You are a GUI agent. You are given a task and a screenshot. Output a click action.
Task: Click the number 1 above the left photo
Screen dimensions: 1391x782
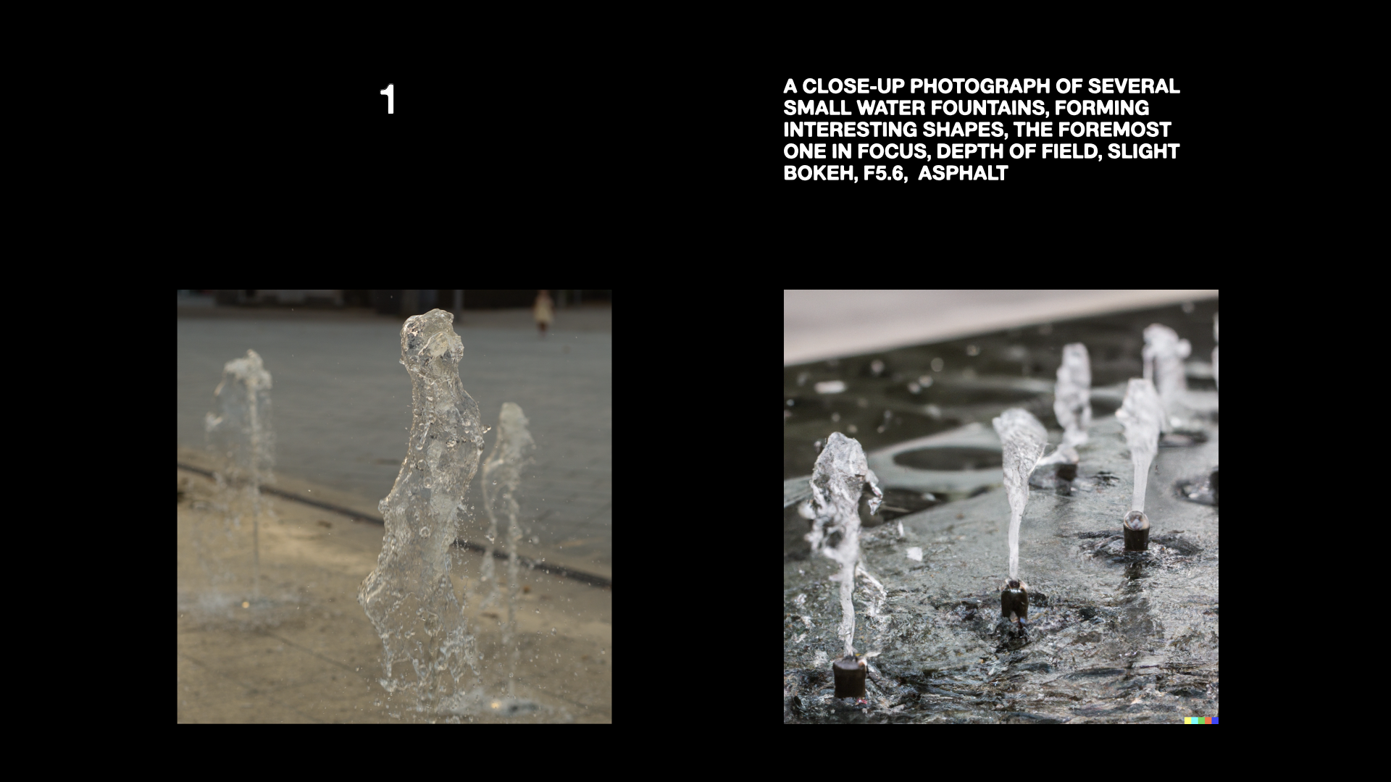[x=388, y=100]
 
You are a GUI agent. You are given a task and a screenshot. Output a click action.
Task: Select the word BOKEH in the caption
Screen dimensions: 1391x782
[x=815, y=174]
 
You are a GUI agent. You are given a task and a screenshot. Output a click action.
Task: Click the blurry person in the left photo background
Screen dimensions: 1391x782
[x=543, y=311]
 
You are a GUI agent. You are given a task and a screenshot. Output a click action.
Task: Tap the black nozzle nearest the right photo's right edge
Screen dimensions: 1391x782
[x=1135, y=530]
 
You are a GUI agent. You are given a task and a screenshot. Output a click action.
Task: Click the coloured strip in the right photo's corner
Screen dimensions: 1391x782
[x=1201, y=720]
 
